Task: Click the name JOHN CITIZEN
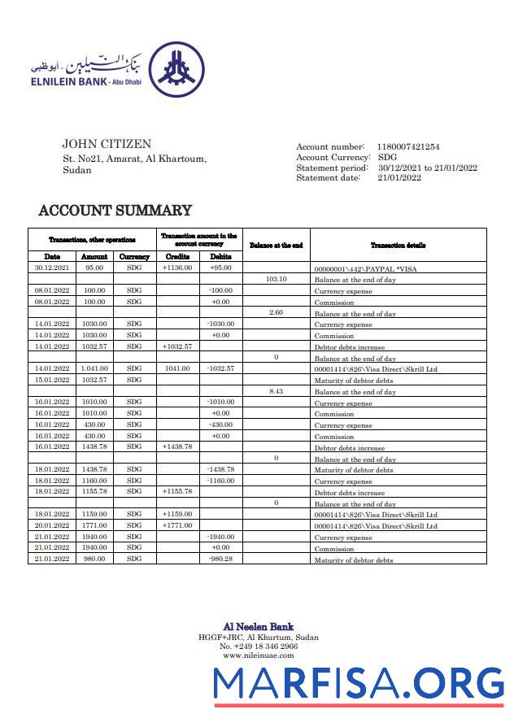[x=107, y=145]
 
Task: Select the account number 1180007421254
[x=407, y=146]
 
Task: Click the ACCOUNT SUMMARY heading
[x=115, y=211]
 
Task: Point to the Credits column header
[x=177, y=256]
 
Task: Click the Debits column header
[x=220, y=256]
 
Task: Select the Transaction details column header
[x=398, y=245]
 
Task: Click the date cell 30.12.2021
[x=52, y=268]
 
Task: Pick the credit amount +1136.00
[x=177, y=268]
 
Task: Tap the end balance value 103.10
[x=276, y=279]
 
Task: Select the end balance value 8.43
[x=276, y=391]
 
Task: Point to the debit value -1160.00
[x=220, y=481]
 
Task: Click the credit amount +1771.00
[x=177, y=525]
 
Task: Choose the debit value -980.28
[x=220, y=559]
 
